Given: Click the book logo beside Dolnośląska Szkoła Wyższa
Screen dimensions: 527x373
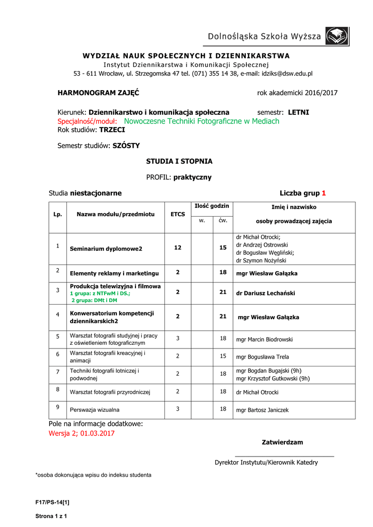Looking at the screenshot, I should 337,37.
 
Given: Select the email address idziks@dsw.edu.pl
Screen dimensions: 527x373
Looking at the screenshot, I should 287,74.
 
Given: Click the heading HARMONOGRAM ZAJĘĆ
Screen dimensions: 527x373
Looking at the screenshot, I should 98,93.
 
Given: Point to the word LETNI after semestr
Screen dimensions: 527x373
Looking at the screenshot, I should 298,112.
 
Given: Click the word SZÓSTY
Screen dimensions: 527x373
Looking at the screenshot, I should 126,146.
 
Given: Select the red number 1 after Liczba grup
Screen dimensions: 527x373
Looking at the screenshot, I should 324,194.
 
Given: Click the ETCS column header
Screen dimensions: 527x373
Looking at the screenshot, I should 178,214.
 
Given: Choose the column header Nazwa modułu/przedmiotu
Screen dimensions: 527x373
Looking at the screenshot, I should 115,214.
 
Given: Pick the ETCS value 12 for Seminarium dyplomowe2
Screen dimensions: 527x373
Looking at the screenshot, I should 178,248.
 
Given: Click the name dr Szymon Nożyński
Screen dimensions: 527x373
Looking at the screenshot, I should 258,260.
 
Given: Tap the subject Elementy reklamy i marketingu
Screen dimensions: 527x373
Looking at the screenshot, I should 114,273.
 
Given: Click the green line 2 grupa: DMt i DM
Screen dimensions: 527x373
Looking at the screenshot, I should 94,300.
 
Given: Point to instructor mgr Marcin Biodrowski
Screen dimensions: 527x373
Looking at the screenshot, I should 264,340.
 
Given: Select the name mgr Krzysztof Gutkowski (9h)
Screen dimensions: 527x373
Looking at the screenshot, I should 273,379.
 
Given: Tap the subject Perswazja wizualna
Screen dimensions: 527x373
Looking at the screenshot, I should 95,410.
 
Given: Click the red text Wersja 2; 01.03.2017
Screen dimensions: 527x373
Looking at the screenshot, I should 81,433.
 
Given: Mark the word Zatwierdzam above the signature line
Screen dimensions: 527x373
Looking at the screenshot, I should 282,442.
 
